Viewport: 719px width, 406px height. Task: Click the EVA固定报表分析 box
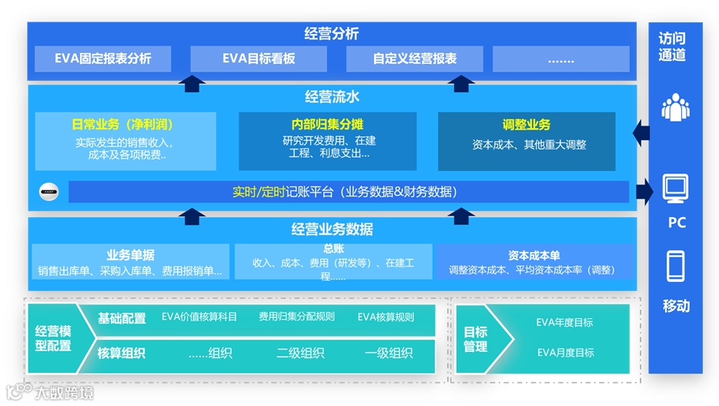[103, 59]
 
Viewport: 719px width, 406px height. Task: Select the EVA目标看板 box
[259, 59]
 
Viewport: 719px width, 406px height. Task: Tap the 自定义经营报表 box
[414, 59]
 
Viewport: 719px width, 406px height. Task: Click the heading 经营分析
[331, 34]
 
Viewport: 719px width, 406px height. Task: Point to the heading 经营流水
[332, 97]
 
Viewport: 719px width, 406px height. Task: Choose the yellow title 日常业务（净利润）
[124, 125]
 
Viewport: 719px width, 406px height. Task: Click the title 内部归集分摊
[327, 125]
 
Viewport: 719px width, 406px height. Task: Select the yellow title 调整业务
[527, 125]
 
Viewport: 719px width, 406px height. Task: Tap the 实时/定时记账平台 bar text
[344, 192]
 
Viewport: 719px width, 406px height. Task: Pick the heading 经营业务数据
[332, 229]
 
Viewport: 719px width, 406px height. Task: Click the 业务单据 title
[130, 255]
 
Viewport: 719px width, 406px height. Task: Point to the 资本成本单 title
[533, 255]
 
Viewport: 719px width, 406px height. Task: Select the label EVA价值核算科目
[199, 317]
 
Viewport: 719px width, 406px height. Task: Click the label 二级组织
[300, 354]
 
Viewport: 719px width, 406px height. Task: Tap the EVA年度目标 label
[564, 323]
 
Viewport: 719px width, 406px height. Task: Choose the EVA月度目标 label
[564, 353]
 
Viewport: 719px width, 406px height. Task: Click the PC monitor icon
[675, 187]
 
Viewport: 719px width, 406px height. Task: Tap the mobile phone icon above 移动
[675, 267]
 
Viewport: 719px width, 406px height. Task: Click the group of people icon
[675, 107]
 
